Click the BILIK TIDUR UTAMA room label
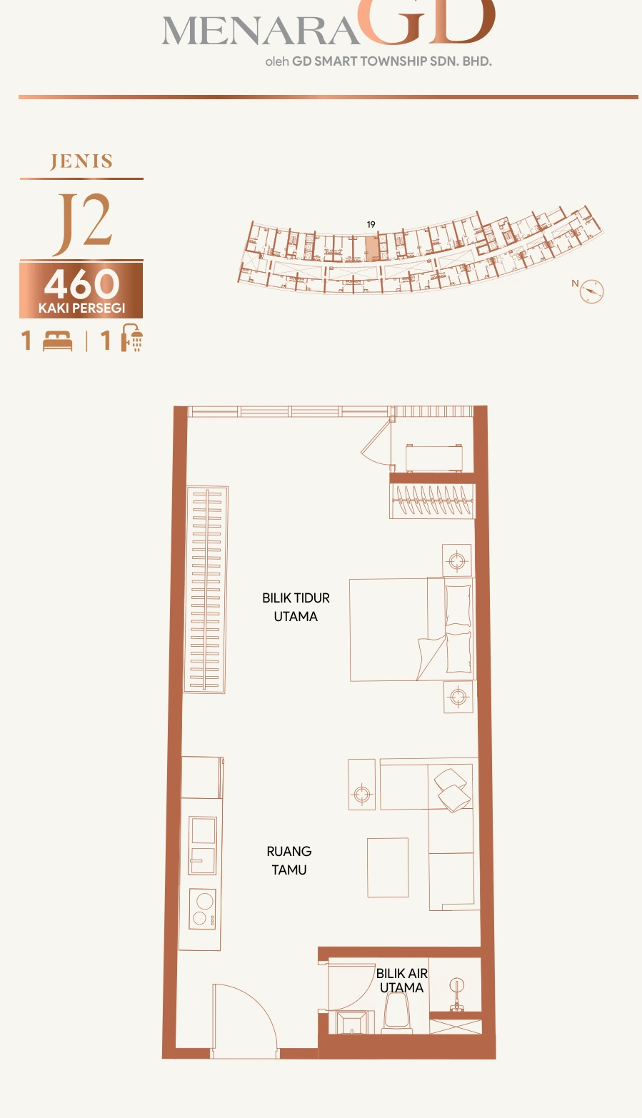tap(296, 607)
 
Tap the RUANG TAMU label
tap(289, 860)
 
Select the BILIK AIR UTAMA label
tap(402, 980)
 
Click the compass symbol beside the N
tap(591, 291)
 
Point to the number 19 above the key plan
tap(371, 225)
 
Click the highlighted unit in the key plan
tap(371, 248)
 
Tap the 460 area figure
tap(82, 283)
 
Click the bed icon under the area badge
tap(57, 341)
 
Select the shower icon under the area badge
tap(132, 338)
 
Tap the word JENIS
tap(81, 161)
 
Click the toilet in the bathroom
tap(398, 1012)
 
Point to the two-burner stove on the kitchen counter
tap(202, 909)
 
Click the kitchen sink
tap(202, 846)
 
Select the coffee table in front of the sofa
tap(388, 867)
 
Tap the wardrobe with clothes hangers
tap(432, 500)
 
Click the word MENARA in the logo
tap(260, 31)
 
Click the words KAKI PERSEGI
tap(82, 308)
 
